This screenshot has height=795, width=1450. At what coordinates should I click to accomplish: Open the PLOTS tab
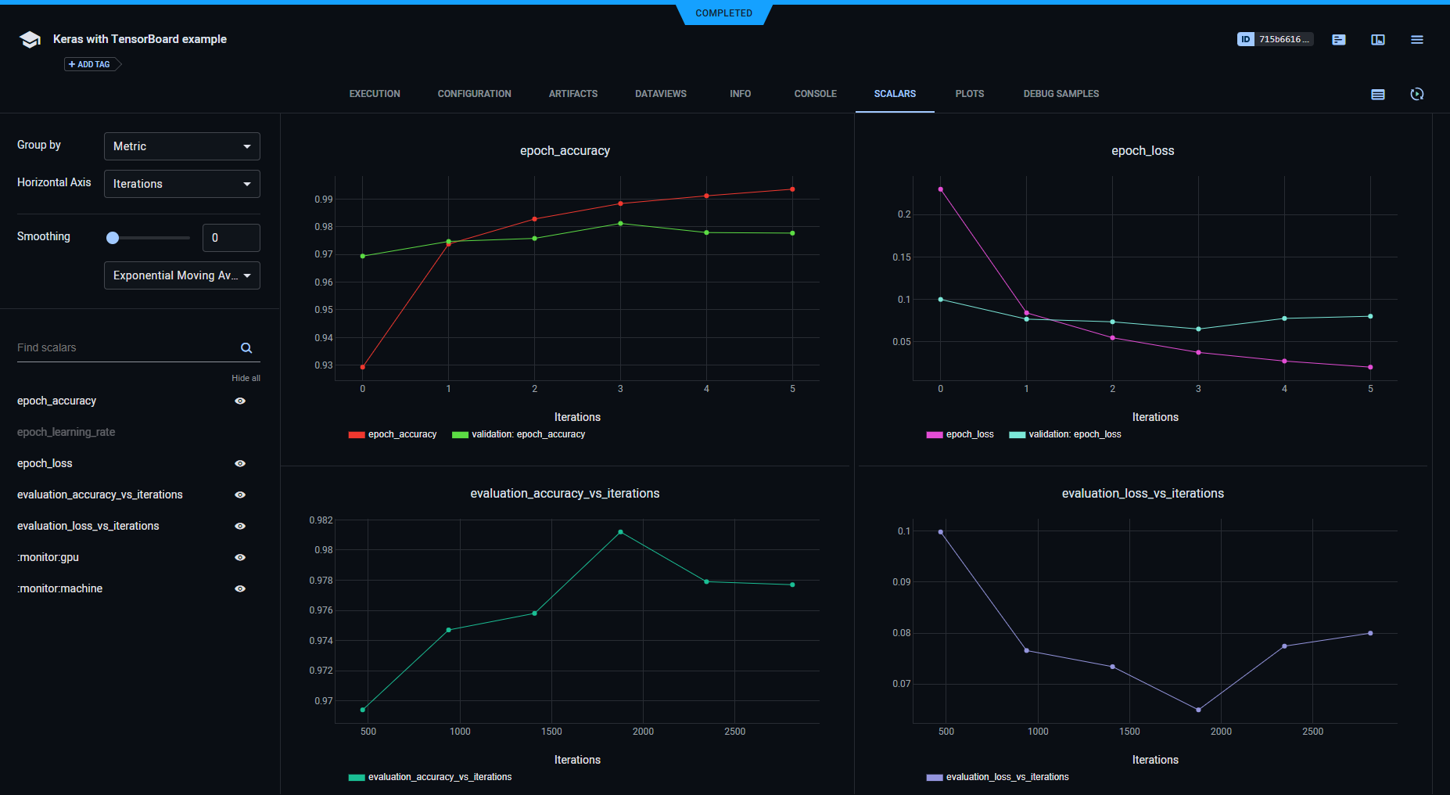click(x=969, y=94)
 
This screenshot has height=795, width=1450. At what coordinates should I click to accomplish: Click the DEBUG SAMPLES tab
click(x=1061, y=94)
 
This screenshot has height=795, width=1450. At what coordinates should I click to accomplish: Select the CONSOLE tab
click(x=815, y=94)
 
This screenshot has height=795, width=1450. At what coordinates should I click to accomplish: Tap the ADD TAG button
click(x=91, y=64)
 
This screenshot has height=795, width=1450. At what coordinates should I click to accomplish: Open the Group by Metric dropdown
click(x=181, y=146)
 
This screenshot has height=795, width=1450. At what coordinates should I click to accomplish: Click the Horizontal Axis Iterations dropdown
click(x=181, y=184)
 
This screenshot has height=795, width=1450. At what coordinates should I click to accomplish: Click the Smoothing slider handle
click(x=113, y=238)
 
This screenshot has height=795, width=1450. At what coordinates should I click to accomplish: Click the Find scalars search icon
click(x=246, y=348)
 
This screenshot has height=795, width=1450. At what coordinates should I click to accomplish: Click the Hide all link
click(x=246, y=378)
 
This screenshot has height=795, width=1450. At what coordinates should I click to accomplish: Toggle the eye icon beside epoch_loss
click(x=240, y=463)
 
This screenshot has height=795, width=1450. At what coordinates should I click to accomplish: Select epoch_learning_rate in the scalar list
click(x=66, y=432)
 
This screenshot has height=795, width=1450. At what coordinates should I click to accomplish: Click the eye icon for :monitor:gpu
click(x=240, y=557)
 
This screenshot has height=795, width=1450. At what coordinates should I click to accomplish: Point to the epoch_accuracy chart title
click(x=565, y=150)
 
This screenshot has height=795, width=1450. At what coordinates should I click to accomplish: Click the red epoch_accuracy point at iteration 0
click(x=363, y=367)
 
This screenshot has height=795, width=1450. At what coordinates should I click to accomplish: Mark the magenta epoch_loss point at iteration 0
click(x=940, y=189)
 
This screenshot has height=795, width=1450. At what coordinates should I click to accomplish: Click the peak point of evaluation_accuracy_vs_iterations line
click(x=620, y=532)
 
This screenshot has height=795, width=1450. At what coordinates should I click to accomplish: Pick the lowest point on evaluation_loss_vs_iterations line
click(x=1198, y=710)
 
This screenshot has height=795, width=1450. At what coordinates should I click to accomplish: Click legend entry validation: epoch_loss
click(x=1074, y=434)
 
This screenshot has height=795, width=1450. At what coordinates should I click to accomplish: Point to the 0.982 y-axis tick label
click(x=321, y=520)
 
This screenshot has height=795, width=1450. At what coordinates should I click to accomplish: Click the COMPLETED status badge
click(x=723, y=13)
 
